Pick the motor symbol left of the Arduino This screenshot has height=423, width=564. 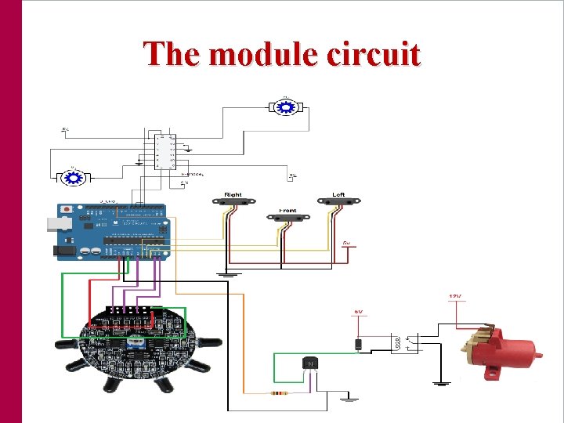tap(74, 178)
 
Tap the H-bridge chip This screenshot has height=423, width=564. tap(165, 151)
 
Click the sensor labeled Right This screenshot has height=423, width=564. tap(233, 202)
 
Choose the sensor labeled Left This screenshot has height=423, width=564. tap(338, 201)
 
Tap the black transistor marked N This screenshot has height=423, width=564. tap(309, 363)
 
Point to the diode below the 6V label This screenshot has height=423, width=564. tap(357, 342)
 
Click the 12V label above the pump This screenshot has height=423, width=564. tap(455, 296)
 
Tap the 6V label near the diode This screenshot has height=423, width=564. tap(357, 312)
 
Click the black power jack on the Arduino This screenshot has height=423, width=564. tap(64, 251)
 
